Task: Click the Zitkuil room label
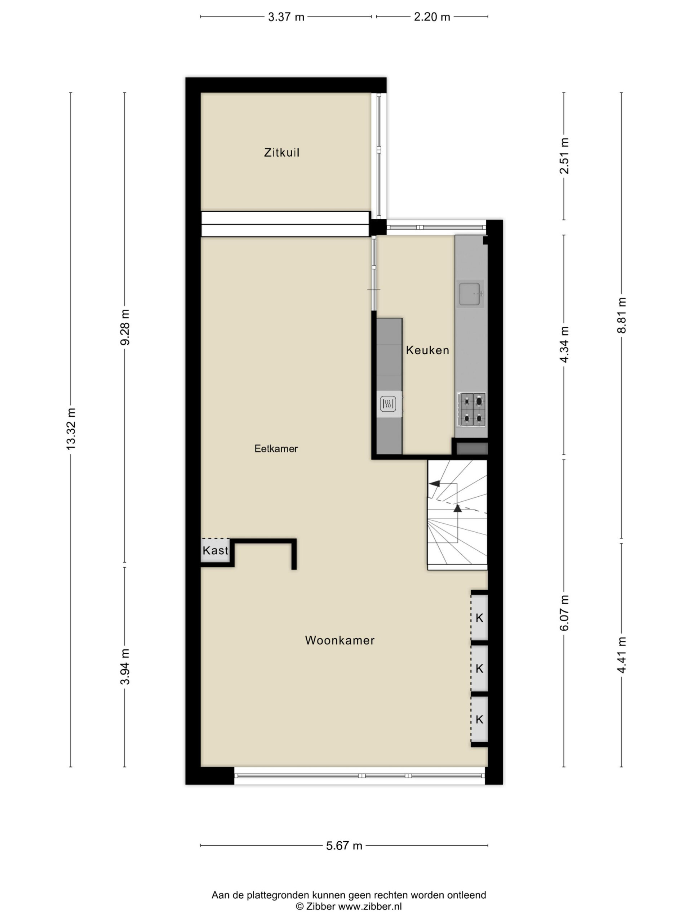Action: tap(281, 153)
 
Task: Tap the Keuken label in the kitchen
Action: tap(427, 350)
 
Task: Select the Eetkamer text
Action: tap(276, 448)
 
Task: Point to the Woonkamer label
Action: tap(340, 640)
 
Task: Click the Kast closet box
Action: tap(215, 550)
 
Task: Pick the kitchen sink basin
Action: tap(470, 294)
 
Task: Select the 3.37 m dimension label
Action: tap(286, 17)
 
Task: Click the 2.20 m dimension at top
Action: tap(432, 17)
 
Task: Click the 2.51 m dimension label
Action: tap(564, 156)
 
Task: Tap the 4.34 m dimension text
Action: tap(564, 344)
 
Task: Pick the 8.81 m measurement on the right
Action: tap(621, 315)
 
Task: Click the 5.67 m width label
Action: tap(344, 846)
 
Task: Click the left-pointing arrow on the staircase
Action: tap(434, 483)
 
